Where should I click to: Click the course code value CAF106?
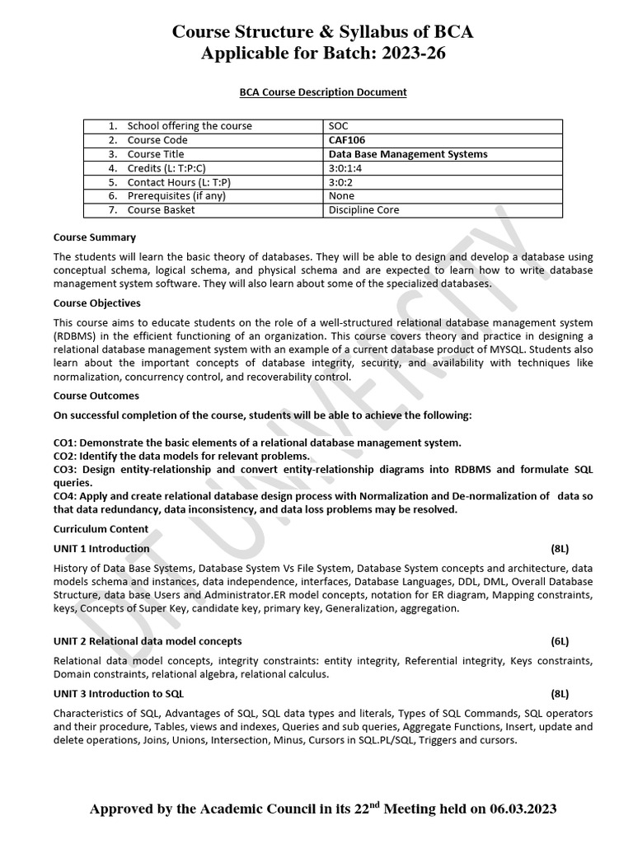[346, 140]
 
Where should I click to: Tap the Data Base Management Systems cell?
[407, 154]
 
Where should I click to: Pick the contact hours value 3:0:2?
[342, 182]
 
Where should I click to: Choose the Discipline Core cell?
[363, 210]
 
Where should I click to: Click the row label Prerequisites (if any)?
[176, 196]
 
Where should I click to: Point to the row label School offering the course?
[190, 126]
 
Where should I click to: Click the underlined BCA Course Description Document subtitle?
[316, 92]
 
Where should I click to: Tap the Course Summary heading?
[94, 237]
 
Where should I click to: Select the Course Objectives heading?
[96, 303]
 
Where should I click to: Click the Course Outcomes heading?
[96, 396]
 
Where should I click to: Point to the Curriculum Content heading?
[101, 529]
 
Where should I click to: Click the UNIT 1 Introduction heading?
[101, 548]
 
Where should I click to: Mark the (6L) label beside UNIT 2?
[560, 640]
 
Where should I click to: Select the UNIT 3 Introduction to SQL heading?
[119, 693]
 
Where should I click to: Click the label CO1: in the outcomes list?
[65, 443]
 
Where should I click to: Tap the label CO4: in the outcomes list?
[65, 496]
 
